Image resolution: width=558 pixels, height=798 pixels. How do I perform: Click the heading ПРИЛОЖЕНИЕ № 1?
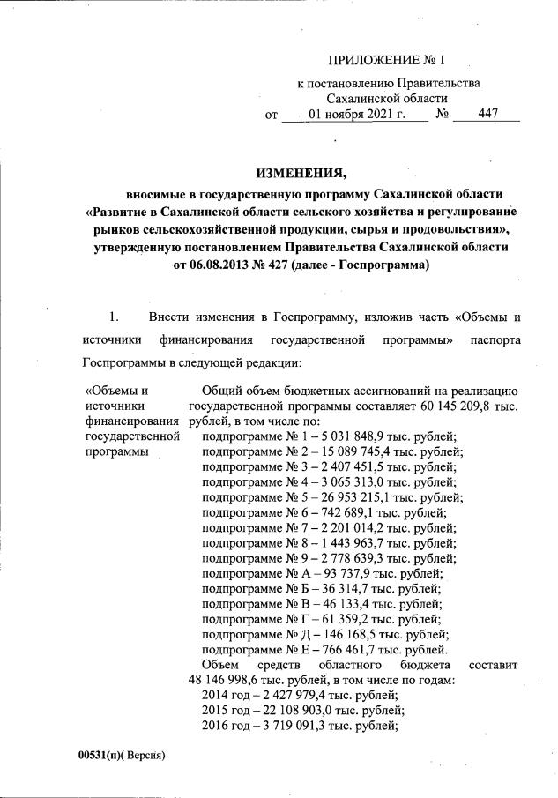(x=388, y=61)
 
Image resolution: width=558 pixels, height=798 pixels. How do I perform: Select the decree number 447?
(x=487, y=114)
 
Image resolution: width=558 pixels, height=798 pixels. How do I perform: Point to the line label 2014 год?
(x=227, y=696)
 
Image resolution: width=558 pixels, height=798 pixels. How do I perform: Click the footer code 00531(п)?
(x=98, y=757)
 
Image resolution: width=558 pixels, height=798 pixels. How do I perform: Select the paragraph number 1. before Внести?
(x=112, y=316)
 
